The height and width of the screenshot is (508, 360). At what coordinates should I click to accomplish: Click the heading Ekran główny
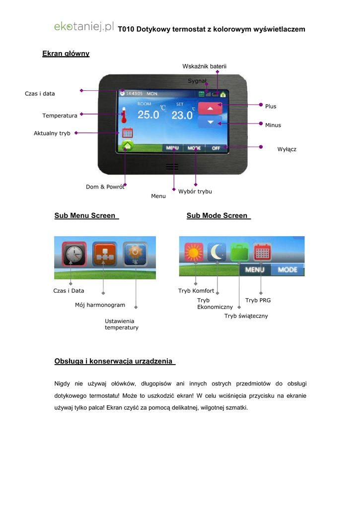pyautogui.click(x=66, y=54)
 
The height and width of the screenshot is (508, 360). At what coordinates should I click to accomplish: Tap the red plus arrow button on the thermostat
pyautogui.click(x=210, y=108)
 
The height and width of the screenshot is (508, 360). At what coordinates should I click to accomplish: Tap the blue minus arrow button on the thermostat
pyautogui.click(x=210, y=122)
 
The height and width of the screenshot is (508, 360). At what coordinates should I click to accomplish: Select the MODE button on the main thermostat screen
pyautogui.click(x=194, y=148)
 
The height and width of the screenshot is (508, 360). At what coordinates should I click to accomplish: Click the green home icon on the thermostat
pyautogui.click(x=128, y=146)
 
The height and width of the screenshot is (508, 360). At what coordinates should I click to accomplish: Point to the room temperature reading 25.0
pyautogui.click(x=148, y=115)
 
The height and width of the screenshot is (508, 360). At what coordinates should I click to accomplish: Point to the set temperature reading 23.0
pyautogui.click(x=182, y=115)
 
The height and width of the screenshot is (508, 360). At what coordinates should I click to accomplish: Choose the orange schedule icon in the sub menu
pyautogui.click(x=104, y=254)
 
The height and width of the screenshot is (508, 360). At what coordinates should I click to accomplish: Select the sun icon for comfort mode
pyautogui.click(x=194, y=253)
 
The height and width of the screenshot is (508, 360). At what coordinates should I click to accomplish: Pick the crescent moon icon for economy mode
pyautogui.click(x=217, y=253)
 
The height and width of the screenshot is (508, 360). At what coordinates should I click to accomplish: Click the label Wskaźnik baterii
pyautogui.click(x=204, y=66)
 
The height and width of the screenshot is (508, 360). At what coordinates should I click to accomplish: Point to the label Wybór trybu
pyautogui.click(x=195, y=191)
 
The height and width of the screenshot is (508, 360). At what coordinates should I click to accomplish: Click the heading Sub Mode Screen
pyautogui.click(x=217, y=216)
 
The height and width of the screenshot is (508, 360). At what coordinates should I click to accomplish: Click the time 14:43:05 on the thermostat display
pyautogui.click(x=135, y=93)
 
